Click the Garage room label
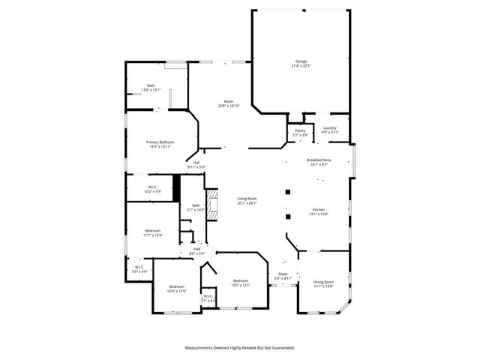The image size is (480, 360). pyautogui.click(x=301, y=61)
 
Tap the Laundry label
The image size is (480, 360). pyautogui.click(x=330, y=127)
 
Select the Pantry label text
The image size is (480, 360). pyautogui.click(x=300, y=130)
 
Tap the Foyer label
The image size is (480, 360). pyautogui.click(x=282, y=274)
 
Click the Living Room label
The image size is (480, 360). pyautogui.click(x=247, y=199)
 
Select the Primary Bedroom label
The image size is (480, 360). pyautogui.click(x=160, y=142)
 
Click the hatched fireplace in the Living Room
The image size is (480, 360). pyautogui.click(x=211, y=203)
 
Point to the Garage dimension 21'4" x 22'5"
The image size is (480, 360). pyautogui.click(x=301, y=67)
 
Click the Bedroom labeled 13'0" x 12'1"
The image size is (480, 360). pyautogui.click(x=240, y=281)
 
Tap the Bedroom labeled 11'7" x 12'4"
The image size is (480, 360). pyautogui.click(x=153, y=231)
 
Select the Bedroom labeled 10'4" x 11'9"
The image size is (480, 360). pyautogui.click(x=177, y=286)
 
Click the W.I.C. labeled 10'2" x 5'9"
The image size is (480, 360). pyautogui.click(x=152, y=187)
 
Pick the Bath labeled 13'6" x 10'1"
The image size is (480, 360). pyautogui.click(x=151, y=85)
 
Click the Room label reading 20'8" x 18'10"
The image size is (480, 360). pyautogui.click(x=228, y=102)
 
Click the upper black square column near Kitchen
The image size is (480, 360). pyautogui.click(x=287, y=192)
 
